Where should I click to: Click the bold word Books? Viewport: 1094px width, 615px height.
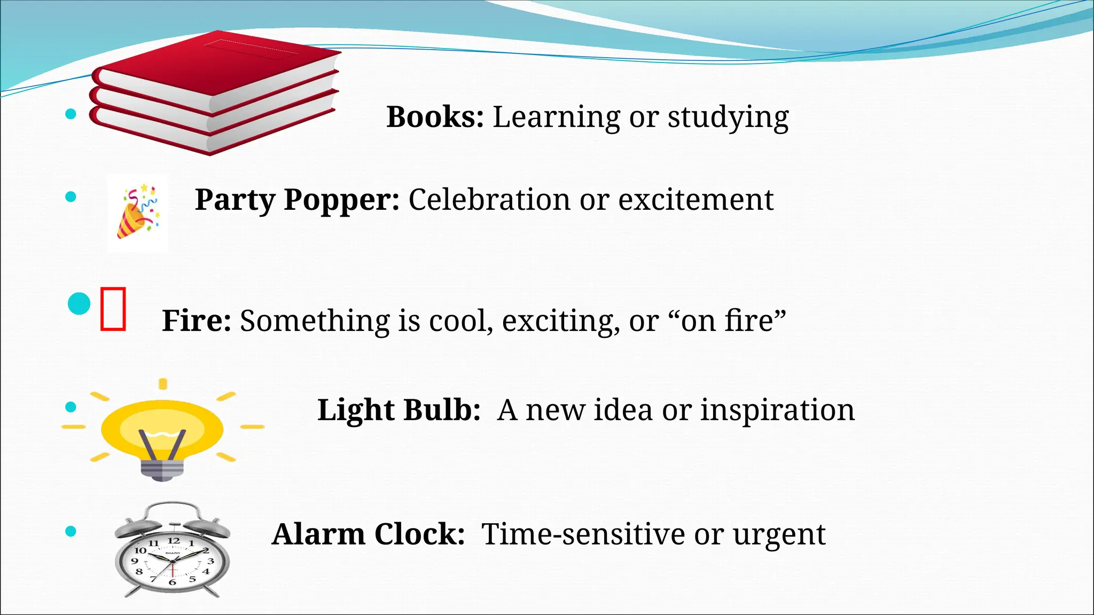click(435, 117)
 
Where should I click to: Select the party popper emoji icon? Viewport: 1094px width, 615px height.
click(137, 213)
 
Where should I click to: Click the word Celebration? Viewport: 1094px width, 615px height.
click(489, 200)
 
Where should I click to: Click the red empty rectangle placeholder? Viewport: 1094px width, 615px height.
click(113, 309)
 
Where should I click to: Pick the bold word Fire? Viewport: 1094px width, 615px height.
click(196, 320)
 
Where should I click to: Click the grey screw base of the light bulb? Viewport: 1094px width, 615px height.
click(162, 470)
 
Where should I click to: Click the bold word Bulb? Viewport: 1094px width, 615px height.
click(442, 410)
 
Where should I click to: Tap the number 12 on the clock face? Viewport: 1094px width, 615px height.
click(174, 541)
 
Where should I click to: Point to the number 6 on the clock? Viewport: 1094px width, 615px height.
click(172, 582)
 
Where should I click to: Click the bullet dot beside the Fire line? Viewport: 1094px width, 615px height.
click(79, 304)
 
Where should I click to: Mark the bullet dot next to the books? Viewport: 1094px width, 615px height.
click(71, 113)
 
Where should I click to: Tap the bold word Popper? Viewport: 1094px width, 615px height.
click(341, 200)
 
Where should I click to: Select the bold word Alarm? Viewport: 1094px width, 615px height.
click(318, 534)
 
